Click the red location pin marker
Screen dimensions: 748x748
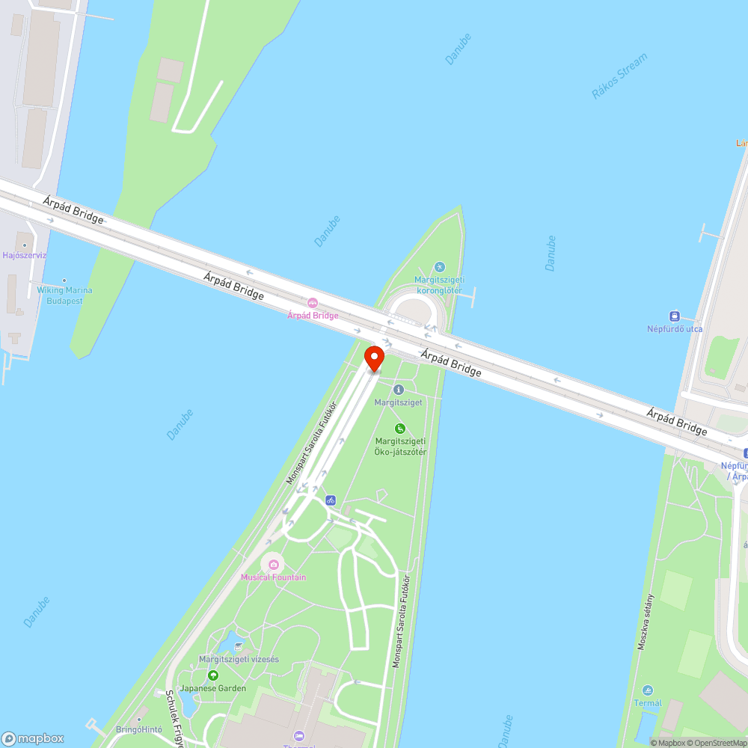[374, 357]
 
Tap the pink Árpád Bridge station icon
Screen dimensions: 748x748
[313, 303]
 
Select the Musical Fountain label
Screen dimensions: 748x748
[273, 577]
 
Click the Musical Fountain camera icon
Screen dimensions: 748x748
[273, 563]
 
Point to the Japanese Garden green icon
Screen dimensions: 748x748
[212, 675]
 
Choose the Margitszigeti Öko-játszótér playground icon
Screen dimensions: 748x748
[400, 429]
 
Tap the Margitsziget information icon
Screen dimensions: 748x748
[398, 390]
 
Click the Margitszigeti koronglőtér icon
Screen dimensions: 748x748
[439, 267]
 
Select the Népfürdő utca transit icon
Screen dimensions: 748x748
[675, 316]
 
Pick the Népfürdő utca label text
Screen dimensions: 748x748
[675, 329]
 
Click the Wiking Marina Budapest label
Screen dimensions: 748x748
[65, 295]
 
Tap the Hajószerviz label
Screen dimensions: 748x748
[25, 255]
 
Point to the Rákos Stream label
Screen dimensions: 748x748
[619, 76]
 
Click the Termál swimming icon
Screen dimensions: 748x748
[647, 690]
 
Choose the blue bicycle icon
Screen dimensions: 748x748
[331, 500]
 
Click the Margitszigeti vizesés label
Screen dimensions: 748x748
[239, 659]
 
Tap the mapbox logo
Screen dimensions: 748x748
[33, 737]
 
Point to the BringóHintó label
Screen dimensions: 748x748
[139, 729]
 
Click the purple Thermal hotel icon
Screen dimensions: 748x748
[300, 735]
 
